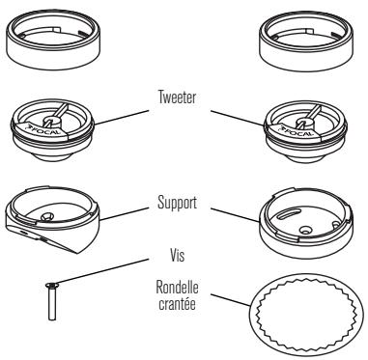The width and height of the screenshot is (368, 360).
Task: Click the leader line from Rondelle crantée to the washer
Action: point(232,301)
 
